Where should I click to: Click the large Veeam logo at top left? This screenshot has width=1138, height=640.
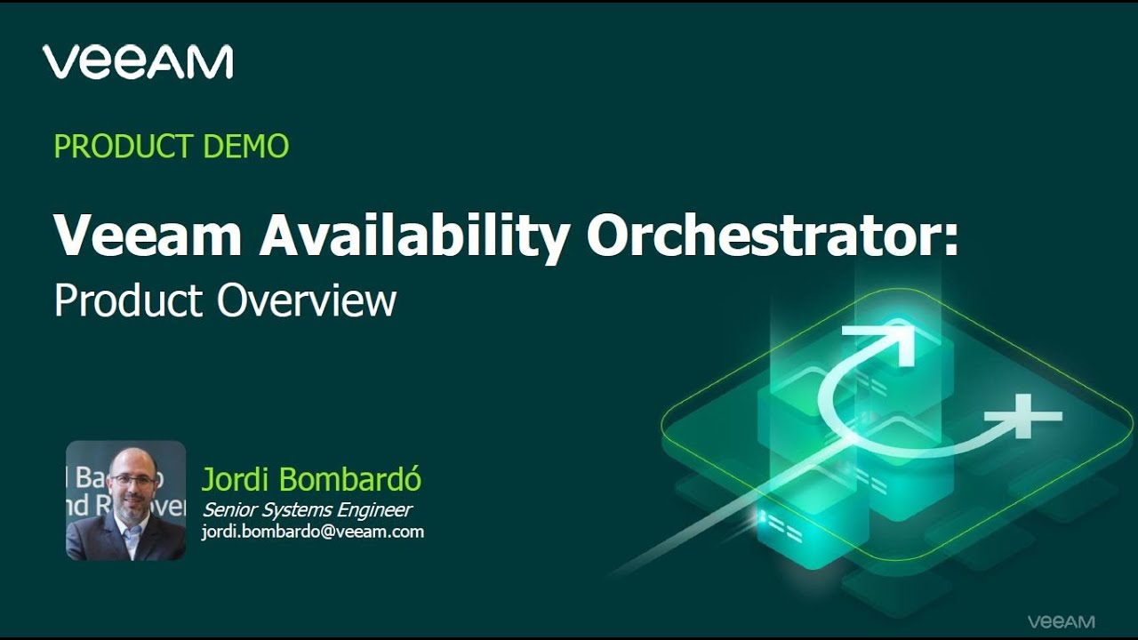click(138, 61)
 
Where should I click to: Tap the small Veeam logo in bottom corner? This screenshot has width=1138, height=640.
click(1061, 621)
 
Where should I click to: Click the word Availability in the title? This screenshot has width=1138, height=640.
click(414, 236)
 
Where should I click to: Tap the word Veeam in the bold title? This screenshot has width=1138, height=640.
click(148, 236)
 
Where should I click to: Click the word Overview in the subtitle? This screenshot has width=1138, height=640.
click(307, 301)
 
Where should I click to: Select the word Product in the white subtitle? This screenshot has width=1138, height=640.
click(129, 301)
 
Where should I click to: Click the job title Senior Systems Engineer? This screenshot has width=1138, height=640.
click(308, 509)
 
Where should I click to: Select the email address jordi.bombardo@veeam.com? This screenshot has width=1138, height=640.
click(313, 532)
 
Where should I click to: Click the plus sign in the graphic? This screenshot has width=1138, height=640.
click(1023, 416)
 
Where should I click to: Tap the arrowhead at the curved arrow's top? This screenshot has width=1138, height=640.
click(894, 340)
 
